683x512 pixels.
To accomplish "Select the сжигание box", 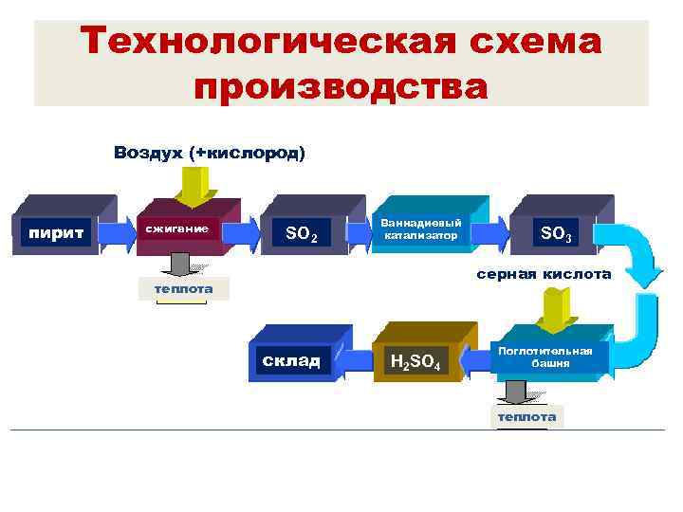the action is point(181,229).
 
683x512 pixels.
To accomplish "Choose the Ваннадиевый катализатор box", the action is point(420,229).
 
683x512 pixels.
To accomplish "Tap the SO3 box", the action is point(555,232).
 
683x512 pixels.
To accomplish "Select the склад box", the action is point(289,360).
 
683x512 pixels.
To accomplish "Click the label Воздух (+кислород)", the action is point(209,152).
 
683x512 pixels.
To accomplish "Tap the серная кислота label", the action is point(544,274).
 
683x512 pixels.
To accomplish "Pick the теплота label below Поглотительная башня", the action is point(526,416).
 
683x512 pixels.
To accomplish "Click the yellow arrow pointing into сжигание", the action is point(200,186).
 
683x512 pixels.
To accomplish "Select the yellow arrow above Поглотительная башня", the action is point(552,307).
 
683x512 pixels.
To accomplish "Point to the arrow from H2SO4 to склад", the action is point(350,361).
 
